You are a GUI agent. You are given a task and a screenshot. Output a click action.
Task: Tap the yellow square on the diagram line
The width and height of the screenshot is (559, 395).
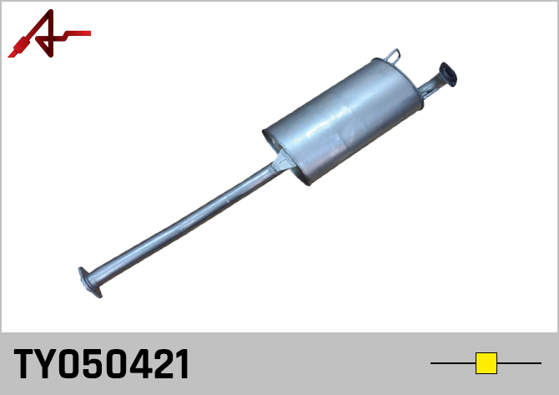(486, 363)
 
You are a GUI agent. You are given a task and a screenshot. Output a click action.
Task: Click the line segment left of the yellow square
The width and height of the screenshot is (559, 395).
(453, 363)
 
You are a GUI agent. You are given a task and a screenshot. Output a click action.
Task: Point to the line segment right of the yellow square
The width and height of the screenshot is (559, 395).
(520, 363)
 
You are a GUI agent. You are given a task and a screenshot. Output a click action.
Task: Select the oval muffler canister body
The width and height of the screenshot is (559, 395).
(343, 121)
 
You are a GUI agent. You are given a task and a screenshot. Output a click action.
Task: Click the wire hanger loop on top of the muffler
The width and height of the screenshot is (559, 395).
(393, 57)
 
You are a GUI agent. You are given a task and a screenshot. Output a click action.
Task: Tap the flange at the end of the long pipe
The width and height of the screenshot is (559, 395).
(90, 282)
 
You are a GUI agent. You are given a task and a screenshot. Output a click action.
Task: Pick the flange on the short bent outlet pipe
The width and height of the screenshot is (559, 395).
(448, 74)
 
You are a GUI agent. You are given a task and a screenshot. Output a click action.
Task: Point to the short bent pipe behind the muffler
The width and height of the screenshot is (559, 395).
(431, 86)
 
